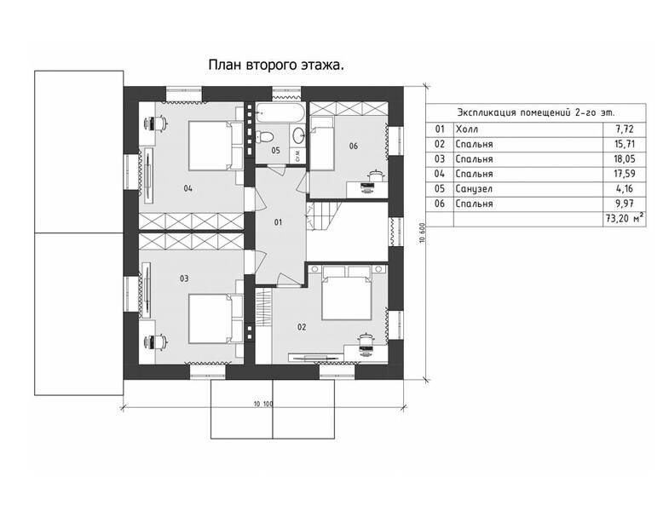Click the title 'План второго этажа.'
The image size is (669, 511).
pyautogui.click(x=276, y=66)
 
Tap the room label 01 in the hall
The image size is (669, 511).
pyautogui.click(x=278, y=222)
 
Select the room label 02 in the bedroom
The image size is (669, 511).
pyautogui.click(x=302, y=327)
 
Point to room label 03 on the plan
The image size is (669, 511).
pyautogui.click(x=184, y=278)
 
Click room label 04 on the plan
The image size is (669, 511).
pyautogui.click(x=187, y=188)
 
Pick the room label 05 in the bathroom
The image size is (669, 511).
pyautogui.click(x=275, y=150)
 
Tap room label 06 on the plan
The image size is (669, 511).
pyautogui.click(x=354, y=146)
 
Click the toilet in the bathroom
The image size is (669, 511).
pyautogui.click(x=264, y=136)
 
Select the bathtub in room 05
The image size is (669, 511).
pyautogui.click(x=280, y=112)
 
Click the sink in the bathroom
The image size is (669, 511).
pyautogui.click(x=297, y=136)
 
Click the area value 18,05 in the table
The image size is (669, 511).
pyautogui.click(x=624, y=159)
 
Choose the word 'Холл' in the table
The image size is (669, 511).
pyautogui.click(x=467, y=129)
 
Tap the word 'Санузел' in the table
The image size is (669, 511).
pyautogui.click(x=474, y=189)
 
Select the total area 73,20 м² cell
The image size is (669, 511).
pyautogui.click(x=624, y=219)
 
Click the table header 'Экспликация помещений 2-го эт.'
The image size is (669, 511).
pyautogui.click(x=536, y=113)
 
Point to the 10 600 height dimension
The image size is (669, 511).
pyautogui.click(x=423, y=233)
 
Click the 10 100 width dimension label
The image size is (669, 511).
pyautogui.click(x=262, y=404)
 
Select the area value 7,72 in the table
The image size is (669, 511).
pyautogui.click(x=624, y=129)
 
